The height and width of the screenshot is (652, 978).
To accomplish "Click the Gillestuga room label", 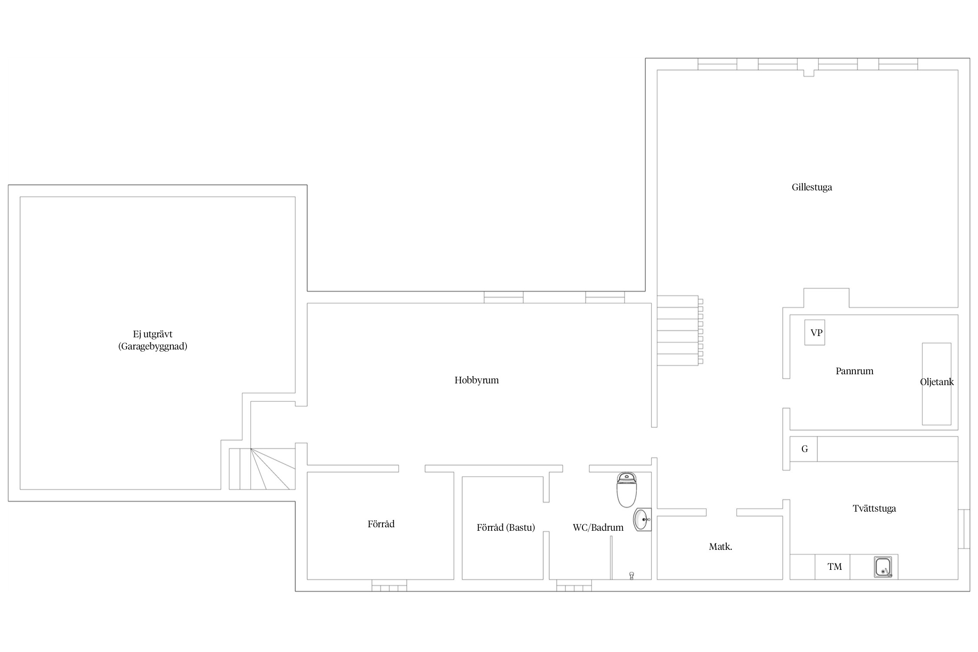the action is (812, 187).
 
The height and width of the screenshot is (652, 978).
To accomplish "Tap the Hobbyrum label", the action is (476, 380).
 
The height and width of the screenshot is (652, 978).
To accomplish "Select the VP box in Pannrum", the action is (815, 333).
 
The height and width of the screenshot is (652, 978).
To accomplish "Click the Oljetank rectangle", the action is (937, 384).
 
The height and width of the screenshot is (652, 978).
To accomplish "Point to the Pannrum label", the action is (854, 371).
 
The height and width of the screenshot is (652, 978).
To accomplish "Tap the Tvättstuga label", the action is (874, 509).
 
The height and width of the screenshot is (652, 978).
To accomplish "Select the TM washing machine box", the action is (832, 567).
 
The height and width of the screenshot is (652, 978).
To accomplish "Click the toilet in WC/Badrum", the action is (626, 490).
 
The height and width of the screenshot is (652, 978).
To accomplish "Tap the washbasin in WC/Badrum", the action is (642, 519).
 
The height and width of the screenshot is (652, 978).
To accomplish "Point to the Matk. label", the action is (720, 547).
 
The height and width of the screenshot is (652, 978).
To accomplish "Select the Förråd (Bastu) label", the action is (506, 528).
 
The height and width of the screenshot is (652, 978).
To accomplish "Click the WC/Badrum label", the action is (598, 528).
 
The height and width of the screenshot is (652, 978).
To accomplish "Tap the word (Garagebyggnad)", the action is (153, 347).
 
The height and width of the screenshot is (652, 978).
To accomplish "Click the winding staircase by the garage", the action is (262, 469).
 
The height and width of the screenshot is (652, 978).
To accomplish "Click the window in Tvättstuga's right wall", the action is (964, 529).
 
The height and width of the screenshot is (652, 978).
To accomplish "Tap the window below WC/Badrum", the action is (574, 585).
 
